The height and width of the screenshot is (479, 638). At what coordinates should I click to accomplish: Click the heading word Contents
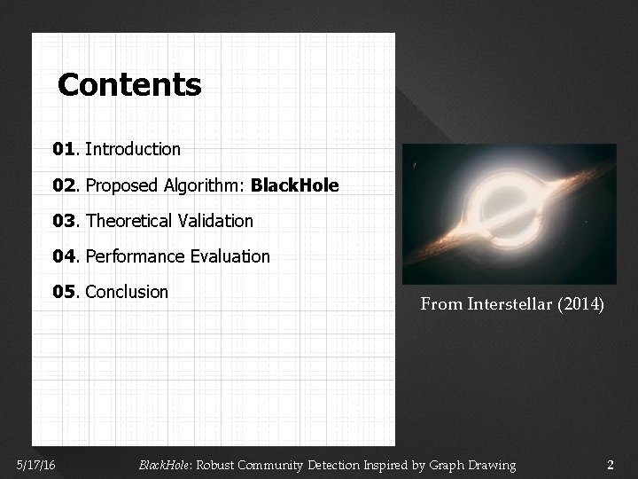[x=129, y=86]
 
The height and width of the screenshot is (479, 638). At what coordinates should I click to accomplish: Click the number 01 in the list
[x=64, y=150]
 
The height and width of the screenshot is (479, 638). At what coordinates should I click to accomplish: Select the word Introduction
[x=133, y=150]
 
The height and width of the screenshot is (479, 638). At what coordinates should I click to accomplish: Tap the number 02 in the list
[x=64, y=186]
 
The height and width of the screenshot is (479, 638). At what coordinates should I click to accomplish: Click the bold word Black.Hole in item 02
[x=294, y=186]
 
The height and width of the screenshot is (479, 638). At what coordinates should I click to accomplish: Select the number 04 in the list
[x=64, y=256]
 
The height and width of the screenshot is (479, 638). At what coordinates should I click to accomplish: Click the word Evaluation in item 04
[x=230, y=256]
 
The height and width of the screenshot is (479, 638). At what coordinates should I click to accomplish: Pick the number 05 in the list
[x=64, y=292]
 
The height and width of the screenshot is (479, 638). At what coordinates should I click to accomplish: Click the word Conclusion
[x=128, y=292]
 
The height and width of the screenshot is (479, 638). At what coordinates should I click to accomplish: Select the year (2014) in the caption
[x=581, y=305]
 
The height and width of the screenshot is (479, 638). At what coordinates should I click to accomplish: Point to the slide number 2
[x=610, y=465]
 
